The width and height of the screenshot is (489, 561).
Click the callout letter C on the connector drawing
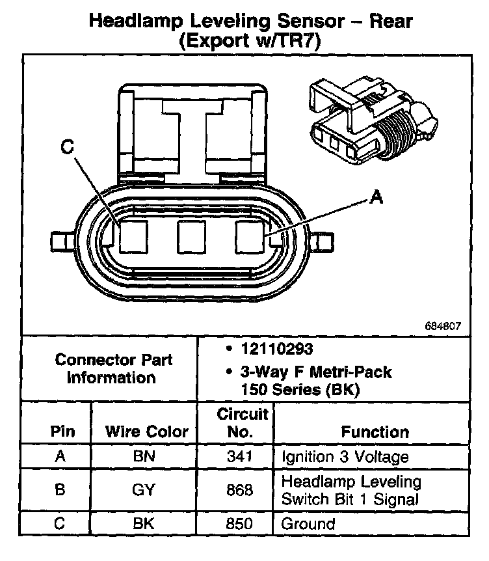point(67,148)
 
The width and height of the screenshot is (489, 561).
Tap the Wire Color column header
point(146,431)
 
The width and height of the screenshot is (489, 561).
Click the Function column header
point(375,431)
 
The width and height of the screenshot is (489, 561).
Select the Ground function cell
point(308,523)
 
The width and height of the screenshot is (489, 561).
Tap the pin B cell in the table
point(60,489)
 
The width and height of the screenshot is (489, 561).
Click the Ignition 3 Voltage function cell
point(345,456)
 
